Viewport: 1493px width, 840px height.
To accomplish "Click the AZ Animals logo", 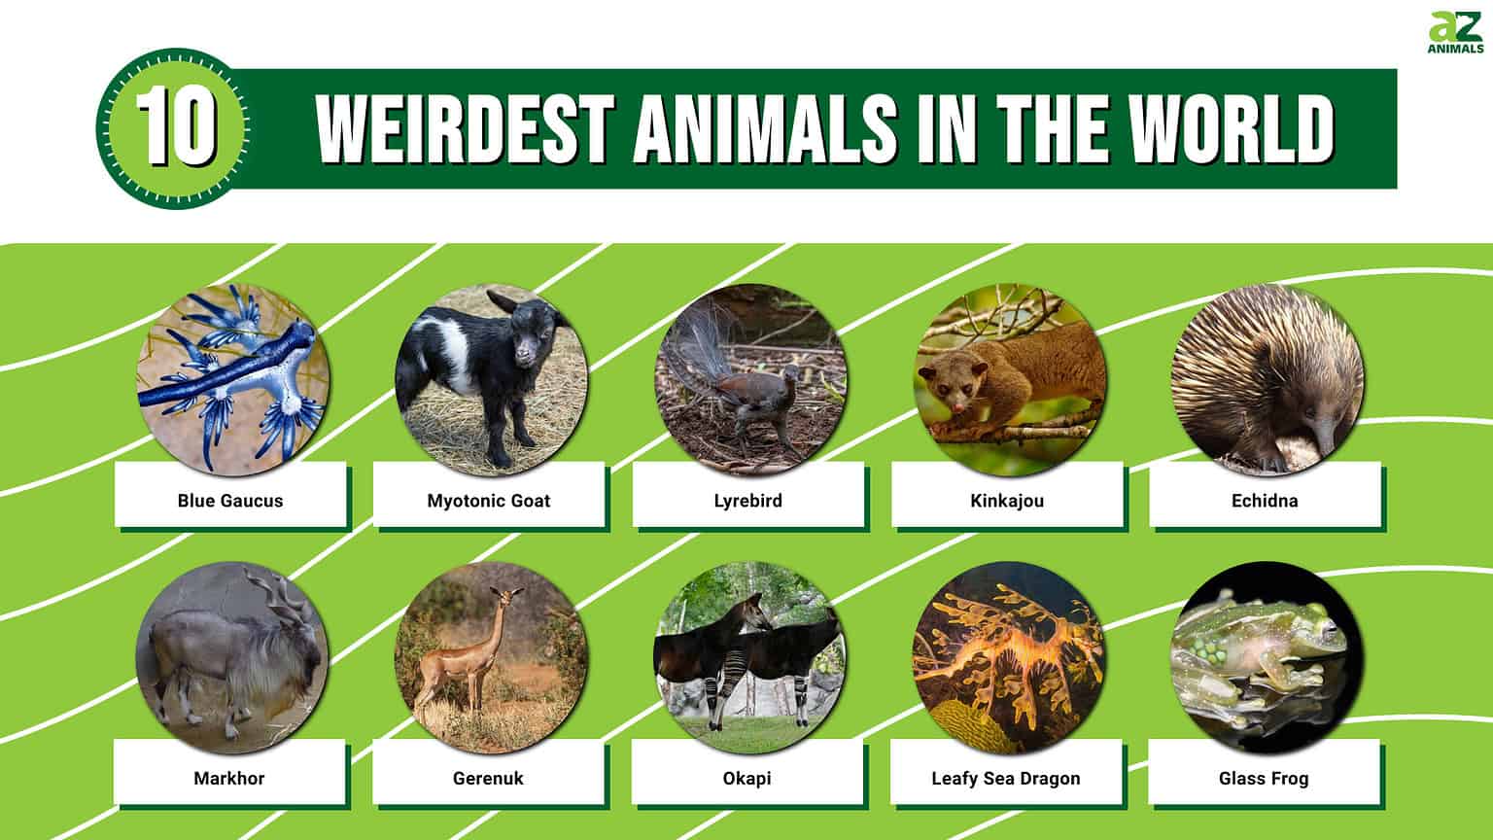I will point(1455,33).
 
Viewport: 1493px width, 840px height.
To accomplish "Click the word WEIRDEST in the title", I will point(462,129).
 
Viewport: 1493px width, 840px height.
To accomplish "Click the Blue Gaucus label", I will point(230,501).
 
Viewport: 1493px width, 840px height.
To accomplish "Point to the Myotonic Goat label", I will point(489,501).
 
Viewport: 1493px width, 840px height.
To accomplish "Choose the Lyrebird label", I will point(747,501).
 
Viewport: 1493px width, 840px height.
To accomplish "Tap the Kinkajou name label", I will point(1006,501).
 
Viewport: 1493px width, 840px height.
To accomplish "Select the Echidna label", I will point(1265,501).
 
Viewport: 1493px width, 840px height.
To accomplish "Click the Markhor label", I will point(229,778).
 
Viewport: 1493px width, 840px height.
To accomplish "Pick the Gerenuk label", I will point(488,778).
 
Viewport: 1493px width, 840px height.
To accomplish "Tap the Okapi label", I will point(746,778).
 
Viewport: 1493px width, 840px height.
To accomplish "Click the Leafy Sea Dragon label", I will point(1005,778).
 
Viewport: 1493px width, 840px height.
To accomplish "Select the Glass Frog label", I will point(1264,778).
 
